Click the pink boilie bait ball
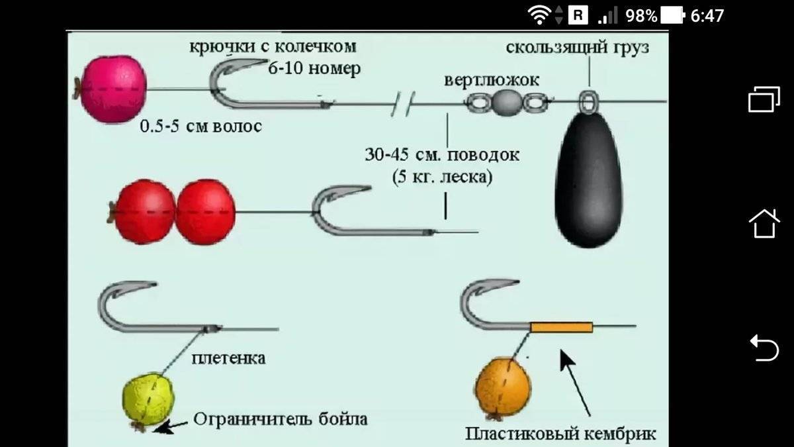point(113,89)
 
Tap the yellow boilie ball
point(148,399)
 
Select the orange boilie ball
point(503,387)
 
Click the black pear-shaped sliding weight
point(589,179)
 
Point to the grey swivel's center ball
point(507,103)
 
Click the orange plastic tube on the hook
point(562,327)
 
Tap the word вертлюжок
point(492,81)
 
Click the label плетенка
point(229,358)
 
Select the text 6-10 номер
point(314,68)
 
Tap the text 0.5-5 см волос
point(201,126)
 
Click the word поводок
point(484,155)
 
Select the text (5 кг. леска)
point(443,177)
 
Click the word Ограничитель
point(253,419)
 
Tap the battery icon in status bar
point(672,16)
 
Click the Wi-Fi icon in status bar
point(539,16)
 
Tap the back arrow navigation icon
point(764,348)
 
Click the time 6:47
point(707,17)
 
